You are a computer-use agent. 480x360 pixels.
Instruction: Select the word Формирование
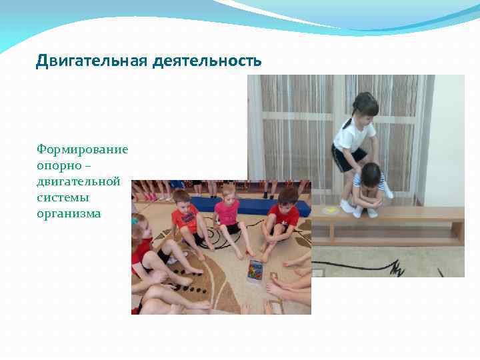click(x=83, y=149)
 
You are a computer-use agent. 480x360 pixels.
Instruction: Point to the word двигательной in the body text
click(x=79, y=181)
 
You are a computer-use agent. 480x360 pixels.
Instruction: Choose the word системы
click(x=63, y=197)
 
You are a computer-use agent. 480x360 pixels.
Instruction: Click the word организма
click(x=69, y=214)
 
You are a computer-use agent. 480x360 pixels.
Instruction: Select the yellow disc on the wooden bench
click(x=329, y=211)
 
